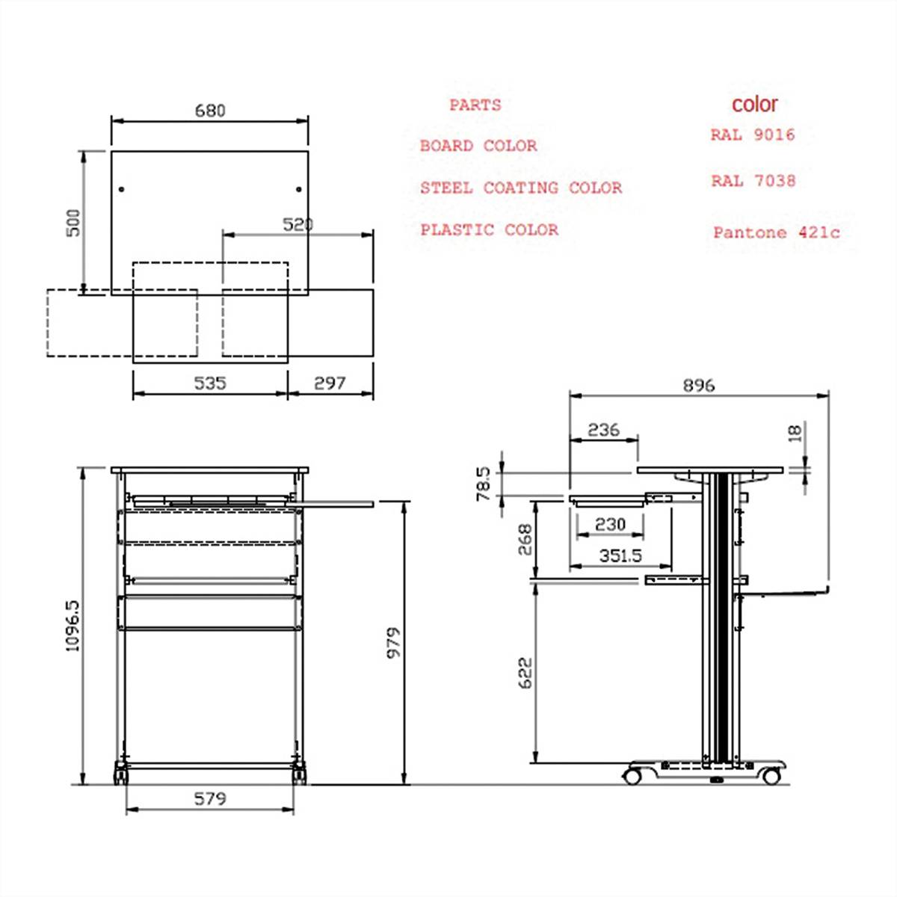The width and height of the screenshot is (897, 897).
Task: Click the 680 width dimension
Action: coord(210,111)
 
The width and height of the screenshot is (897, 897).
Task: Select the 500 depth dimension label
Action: coord(73,222)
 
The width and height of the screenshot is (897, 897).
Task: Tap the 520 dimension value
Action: coord(298,224)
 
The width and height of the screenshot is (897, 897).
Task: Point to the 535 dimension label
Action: coord(210,383)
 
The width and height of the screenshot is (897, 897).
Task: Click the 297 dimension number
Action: coord(330,383)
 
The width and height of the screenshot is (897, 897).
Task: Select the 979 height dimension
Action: coord(393,642)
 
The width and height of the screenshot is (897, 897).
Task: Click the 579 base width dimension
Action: coord(210,798)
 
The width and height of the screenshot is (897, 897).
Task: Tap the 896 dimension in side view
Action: coord(698,385)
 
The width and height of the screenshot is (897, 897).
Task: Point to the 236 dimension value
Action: coord(603,430)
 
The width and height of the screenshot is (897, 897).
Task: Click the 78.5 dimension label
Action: coord(484,484)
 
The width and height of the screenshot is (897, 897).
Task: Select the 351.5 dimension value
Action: coord(620,556)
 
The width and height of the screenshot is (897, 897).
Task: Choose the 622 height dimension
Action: coord(525,673)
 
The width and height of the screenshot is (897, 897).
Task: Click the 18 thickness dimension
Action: coord(795,432)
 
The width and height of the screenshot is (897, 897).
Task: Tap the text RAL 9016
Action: coord(753,135)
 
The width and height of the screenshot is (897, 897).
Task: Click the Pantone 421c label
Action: coord(776,232)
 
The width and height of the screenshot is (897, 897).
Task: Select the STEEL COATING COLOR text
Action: coord(520,188)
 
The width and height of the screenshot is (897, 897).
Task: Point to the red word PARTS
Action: coord(475,105)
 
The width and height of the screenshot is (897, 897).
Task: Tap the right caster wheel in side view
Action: coord(771,777)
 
